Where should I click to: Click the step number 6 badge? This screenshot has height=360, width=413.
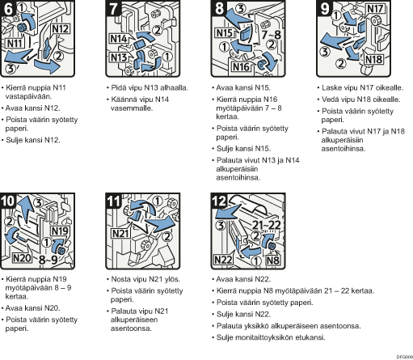click(8, 9)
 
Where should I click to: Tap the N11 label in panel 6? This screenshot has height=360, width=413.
click(15, 43)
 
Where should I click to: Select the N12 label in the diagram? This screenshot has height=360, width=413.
click(61, 29)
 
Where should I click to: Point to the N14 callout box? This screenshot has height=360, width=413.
click(120, 38)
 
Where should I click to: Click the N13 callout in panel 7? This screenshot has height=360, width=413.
click(119, 57)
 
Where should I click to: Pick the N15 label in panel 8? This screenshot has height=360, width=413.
click(225, 33)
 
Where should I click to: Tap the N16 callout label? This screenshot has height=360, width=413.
click(240, 66)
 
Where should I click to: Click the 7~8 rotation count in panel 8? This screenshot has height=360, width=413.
click(271, 35)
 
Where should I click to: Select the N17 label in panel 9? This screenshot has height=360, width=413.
click(375, 9)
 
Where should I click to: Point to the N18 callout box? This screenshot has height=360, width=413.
click(374, 59)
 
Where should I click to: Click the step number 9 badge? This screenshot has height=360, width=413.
click(325, 9)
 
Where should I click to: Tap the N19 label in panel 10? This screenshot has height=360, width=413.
click(60, 231)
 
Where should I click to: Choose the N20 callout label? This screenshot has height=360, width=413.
click(22, 258)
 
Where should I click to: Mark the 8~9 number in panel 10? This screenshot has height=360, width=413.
click(48, 260)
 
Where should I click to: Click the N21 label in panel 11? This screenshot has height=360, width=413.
click(120, 233)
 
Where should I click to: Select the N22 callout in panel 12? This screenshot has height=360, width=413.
click(223, 260)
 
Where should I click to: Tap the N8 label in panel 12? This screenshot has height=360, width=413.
click(273, 260)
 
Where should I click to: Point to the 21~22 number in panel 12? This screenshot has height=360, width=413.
click(267, 225)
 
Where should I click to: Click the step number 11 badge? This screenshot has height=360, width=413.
click(114, 201)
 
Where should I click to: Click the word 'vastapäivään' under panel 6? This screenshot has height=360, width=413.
click(28, 96)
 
